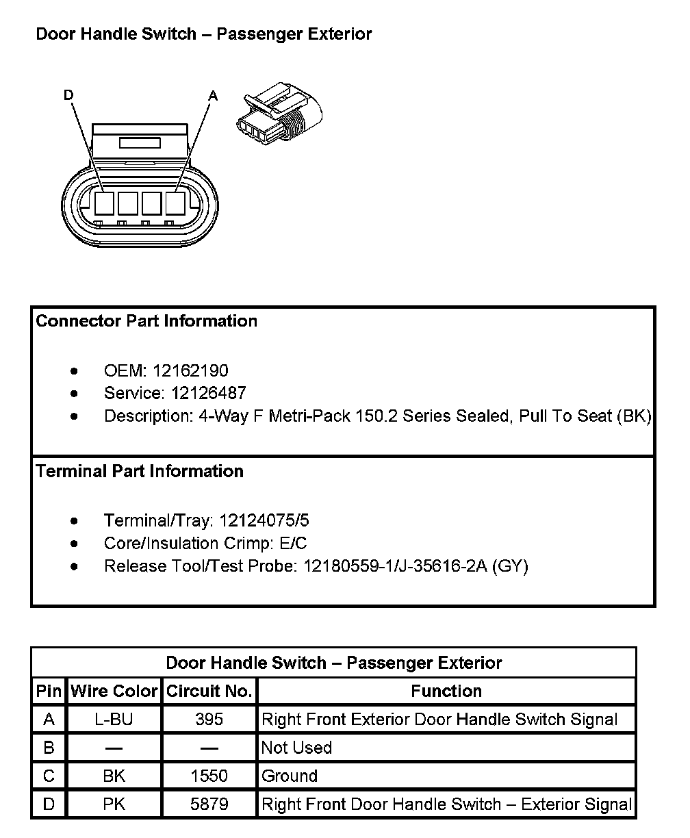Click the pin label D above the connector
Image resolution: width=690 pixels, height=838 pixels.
[x=68, y=95]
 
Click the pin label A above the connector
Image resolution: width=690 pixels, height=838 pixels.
[x=213, y=96]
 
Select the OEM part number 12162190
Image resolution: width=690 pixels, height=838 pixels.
[x=190, y=371]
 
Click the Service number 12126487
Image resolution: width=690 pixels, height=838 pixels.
[x=208, y=394]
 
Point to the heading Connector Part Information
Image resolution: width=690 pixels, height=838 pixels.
[x=146, y=321]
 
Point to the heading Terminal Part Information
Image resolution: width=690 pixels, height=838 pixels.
[x=140, y=471]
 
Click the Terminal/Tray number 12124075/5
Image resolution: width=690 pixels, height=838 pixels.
[x=264, y=521]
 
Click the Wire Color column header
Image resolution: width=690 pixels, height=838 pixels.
[x=114, y=691]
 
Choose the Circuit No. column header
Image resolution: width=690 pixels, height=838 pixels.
[x=209, y=691]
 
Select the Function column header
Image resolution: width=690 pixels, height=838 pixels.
[x=446, y=691]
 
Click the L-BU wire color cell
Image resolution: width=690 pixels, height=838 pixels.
[x=114, y=720]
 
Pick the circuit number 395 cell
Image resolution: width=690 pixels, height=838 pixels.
[x=209, y=720]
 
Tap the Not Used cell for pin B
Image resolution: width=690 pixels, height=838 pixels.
[x=296, y=748]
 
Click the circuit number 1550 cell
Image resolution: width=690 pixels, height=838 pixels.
[x=209, y=776]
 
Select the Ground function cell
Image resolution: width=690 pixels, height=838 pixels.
[x=290, y=776]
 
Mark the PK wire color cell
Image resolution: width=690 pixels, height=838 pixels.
[x=114, y=804]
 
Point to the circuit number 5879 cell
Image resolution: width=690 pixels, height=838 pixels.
[x=209, y=804]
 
